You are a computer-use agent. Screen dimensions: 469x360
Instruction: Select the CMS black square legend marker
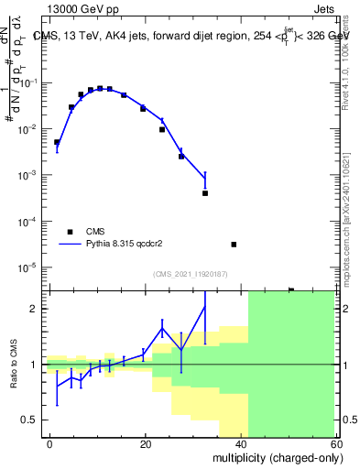(x=70, y=232)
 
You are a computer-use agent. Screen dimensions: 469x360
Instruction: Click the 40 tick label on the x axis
(x=242, y=443)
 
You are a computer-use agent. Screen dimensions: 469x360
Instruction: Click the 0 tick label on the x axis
(x=49, y=443)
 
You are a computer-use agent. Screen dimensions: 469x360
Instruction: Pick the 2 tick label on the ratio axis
(x=38, y=309)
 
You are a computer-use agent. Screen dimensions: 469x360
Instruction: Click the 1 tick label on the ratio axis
(x=38, y=365)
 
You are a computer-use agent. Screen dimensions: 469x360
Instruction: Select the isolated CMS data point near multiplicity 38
(x=234, y=245)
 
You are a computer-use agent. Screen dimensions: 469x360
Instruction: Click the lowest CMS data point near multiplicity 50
(x=291, y=290)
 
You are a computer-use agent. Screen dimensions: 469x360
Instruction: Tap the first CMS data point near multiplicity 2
(x=57, y=142)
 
